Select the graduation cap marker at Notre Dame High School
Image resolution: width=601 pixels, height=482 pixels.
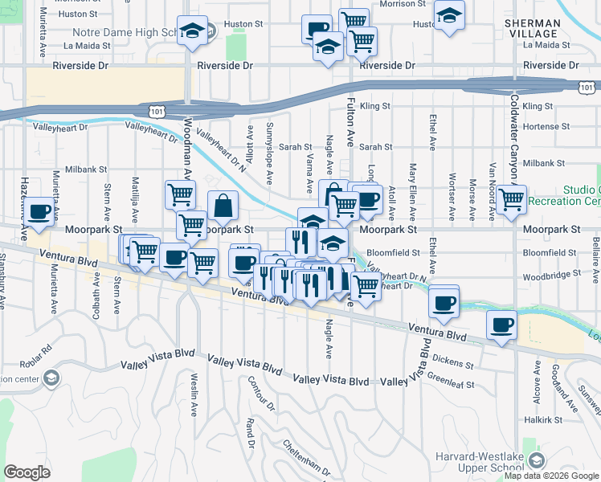192,31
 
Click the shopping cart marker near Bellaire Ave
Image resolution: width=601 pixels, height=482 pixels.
511,198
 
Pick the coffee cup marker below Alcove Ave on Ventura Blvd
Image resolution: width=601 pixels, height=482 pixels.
502,325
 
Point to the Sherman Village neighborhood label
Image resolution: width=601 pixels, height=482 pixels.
531,29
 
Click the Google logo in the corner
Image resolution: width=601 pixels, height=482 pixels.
27,472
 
